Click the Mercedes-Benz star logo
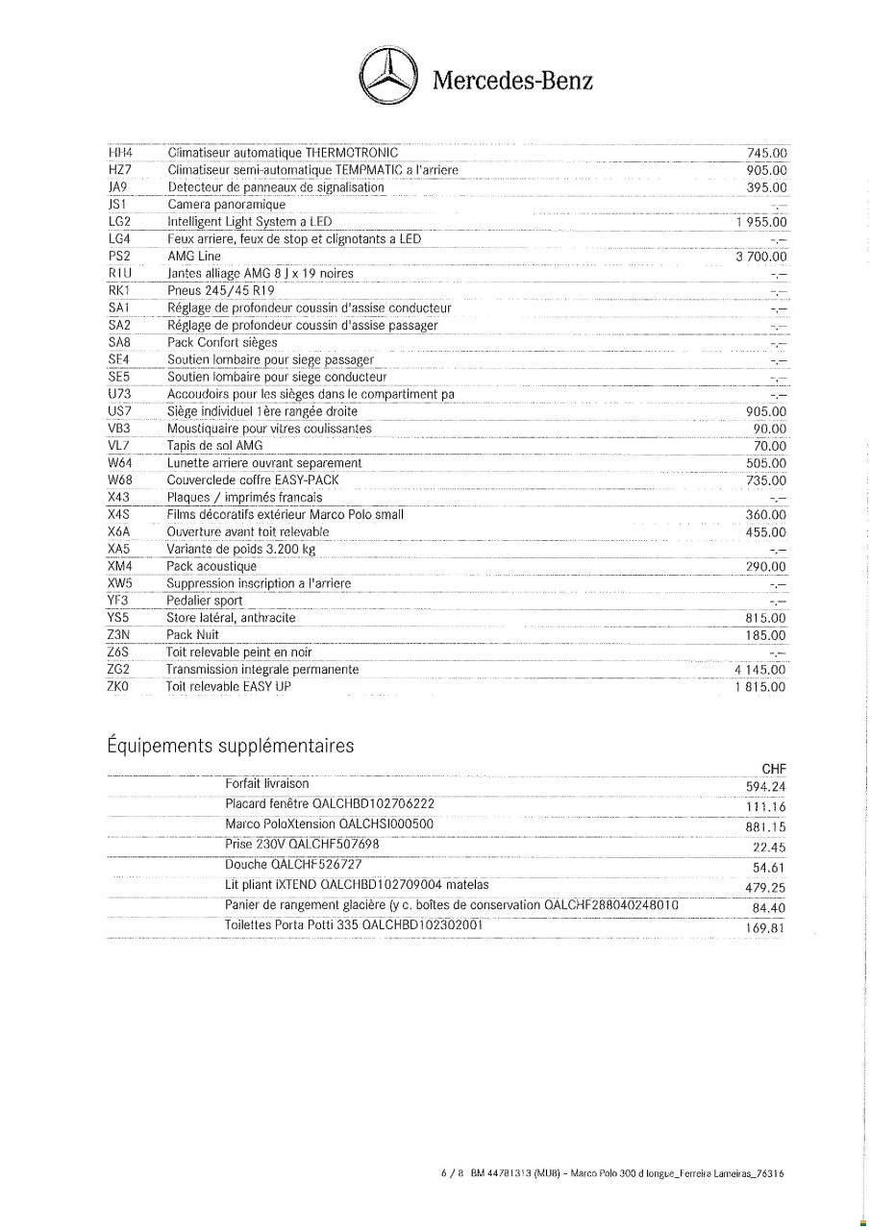[x=389, y=78]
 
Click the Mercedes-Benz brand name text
[x=512, y=80]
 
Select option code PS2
[x=119, y=257]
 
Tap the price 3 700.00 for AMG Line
[x=760, y=257]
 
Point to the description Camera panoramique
[x=227, y=205]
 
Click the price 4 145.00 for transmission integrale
[x=759, y=670]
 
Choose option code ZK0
[x=118, y=687]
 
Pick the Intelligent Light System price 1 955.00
[x=760, y=222]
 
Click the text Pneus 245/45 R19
[x=221, y=291]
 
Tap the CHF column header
[x=773, y=769]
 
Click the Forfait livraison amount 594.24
[x=765, y=787]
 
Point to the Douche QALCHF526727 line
[x=293, y=865]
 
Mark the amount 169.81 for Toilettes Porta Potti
[x=765, y=928]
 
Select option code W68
[x=120, y=480]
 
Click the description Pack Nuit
[x=192, y=635]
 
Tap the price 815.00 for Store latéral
[x=766, y=618]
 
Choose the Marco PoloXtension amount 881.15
[x=765, y=826]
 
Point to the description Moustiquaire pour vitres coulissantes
[x=269, y=429]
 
